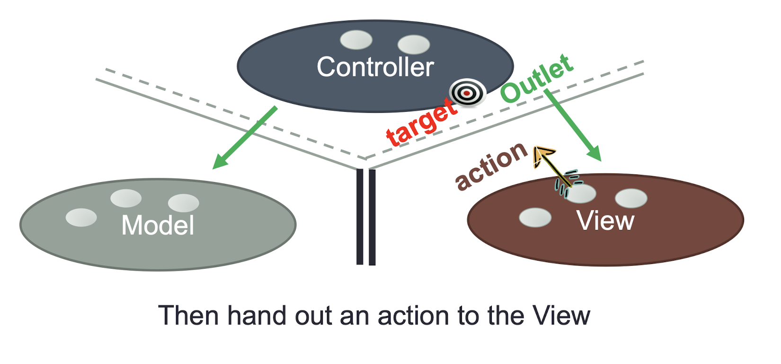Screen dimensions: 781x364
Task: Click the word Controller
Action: (x=375, y=67)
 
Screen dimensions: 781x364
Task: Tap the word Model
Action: (x=158, y=225)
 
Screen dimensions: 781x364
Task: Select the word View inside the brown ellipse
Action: (x=605, y=220)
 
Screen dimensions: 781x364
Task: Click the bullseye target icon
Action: (x=467, y=93)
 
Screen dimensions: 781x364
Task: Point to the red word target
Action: (x=421, y=122)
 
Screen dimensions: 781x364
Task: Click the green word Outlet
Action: (x=537, y=79)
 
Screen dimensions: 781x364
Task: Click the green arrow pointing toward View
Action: (x=573, y=125)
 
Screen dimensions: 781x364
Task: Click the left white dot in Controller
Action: (x=356, y=39)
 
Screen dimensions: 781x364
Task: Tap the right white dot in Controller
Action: (x=414, y=45)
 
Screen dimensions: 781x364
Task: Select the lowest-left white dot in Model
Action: (x=81, y=218)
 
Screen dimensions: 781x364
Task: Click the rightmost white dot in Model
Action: (x=183, y=203)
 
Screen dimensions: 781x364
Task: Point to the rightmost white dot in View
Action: (x=631, y=198)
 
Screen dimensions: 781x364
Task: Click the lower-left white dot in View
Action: (x=535, y=218)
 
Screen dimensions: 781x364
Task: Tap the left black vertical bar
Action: (x=360, y=217)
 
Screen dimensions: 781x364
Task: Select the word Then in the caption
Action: (x=188, y=315)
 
